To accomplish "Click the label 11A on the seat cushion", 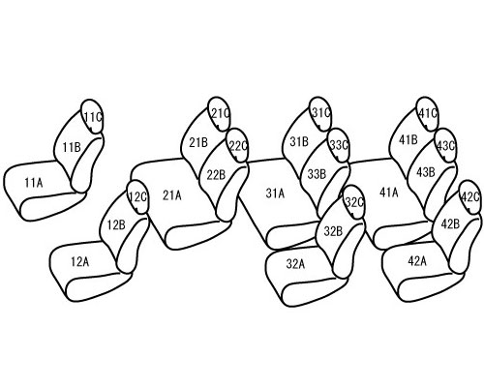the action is click(x=34, y=183).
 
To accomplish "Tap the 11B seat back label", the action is click(x=72, y=148).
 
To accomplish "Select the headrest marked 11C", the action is click(x=92, y=116).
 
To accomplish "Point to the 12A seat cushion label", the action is click(x=79, y=262).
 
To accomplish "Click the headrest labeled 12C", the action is click(x=137, y=197).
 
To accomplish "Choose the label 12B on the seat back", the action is click(x=116, y=224).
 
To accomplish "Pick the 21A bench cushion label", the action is click(x=172, y=195).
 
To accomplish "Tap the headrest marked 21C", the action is click(x=220, y=114).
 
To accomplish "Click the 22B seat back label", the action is click(x=216, y=175).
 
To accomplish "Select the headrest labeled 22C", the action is click(x=237, y=145).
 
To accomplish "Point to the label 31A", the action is click(x=275, y=193).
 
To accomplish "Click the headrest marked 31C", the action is click(x=320, y=114).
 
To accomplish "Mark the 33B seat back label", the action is click(x=317, y=174).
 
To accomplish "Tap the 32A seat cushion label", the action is click(x=295, y=264).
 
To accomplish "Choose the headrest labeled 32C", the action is click(x=354, y=202).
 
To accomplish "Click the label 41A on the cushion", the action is click(x=389, y=193).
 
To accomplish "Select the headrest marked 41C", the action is click(x=428, y=114).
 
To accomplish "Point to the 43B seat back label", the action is click(x=425, y=172).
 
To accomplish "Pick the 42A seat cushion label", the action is click(x=417, y=261).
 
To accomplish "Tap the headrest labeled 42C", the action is click(x=470, y=197).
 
